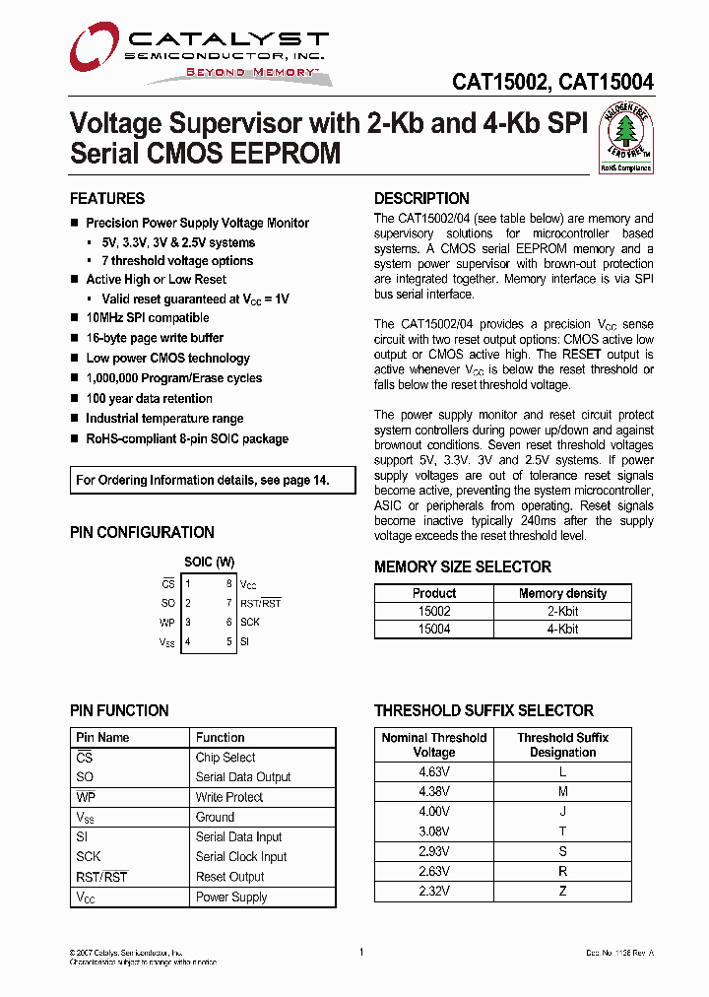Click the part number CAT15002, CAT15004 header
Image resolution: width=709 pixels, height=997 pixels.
552,83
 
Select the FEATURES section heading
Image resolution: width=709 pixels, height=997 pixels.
107,198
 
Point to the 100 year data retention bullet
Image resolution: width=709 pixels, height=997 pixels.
149,399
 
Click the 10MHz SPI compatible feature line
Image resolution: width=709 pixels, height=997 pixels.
147,318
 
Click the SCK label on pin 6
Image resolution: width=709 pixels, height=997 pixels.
250,623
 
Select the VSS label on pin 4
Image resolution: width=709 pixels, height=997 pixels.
167,642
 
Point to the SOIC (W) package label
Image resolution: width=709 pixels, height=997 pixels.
210,563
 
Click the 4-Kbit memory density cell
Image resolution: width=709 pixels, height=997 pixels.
562,629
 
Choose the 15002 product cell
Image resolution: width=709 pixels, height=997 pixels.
434,611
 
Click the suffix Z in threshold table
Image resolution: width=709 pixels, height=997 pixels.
562,891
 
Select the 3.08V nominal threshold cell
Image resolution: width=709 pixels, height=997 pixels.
434,831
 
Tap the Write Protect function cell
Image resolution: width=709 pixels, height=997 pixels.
229,797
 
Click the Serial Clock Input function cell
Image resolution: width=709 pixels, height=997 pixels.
241,857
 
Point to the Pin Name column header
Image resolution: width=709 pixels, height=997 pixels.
102,737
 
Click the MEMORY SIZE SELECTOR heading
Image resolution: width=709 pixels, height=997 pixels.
463,566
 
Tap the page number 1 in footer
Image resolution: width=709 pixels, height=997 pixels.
361,953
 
